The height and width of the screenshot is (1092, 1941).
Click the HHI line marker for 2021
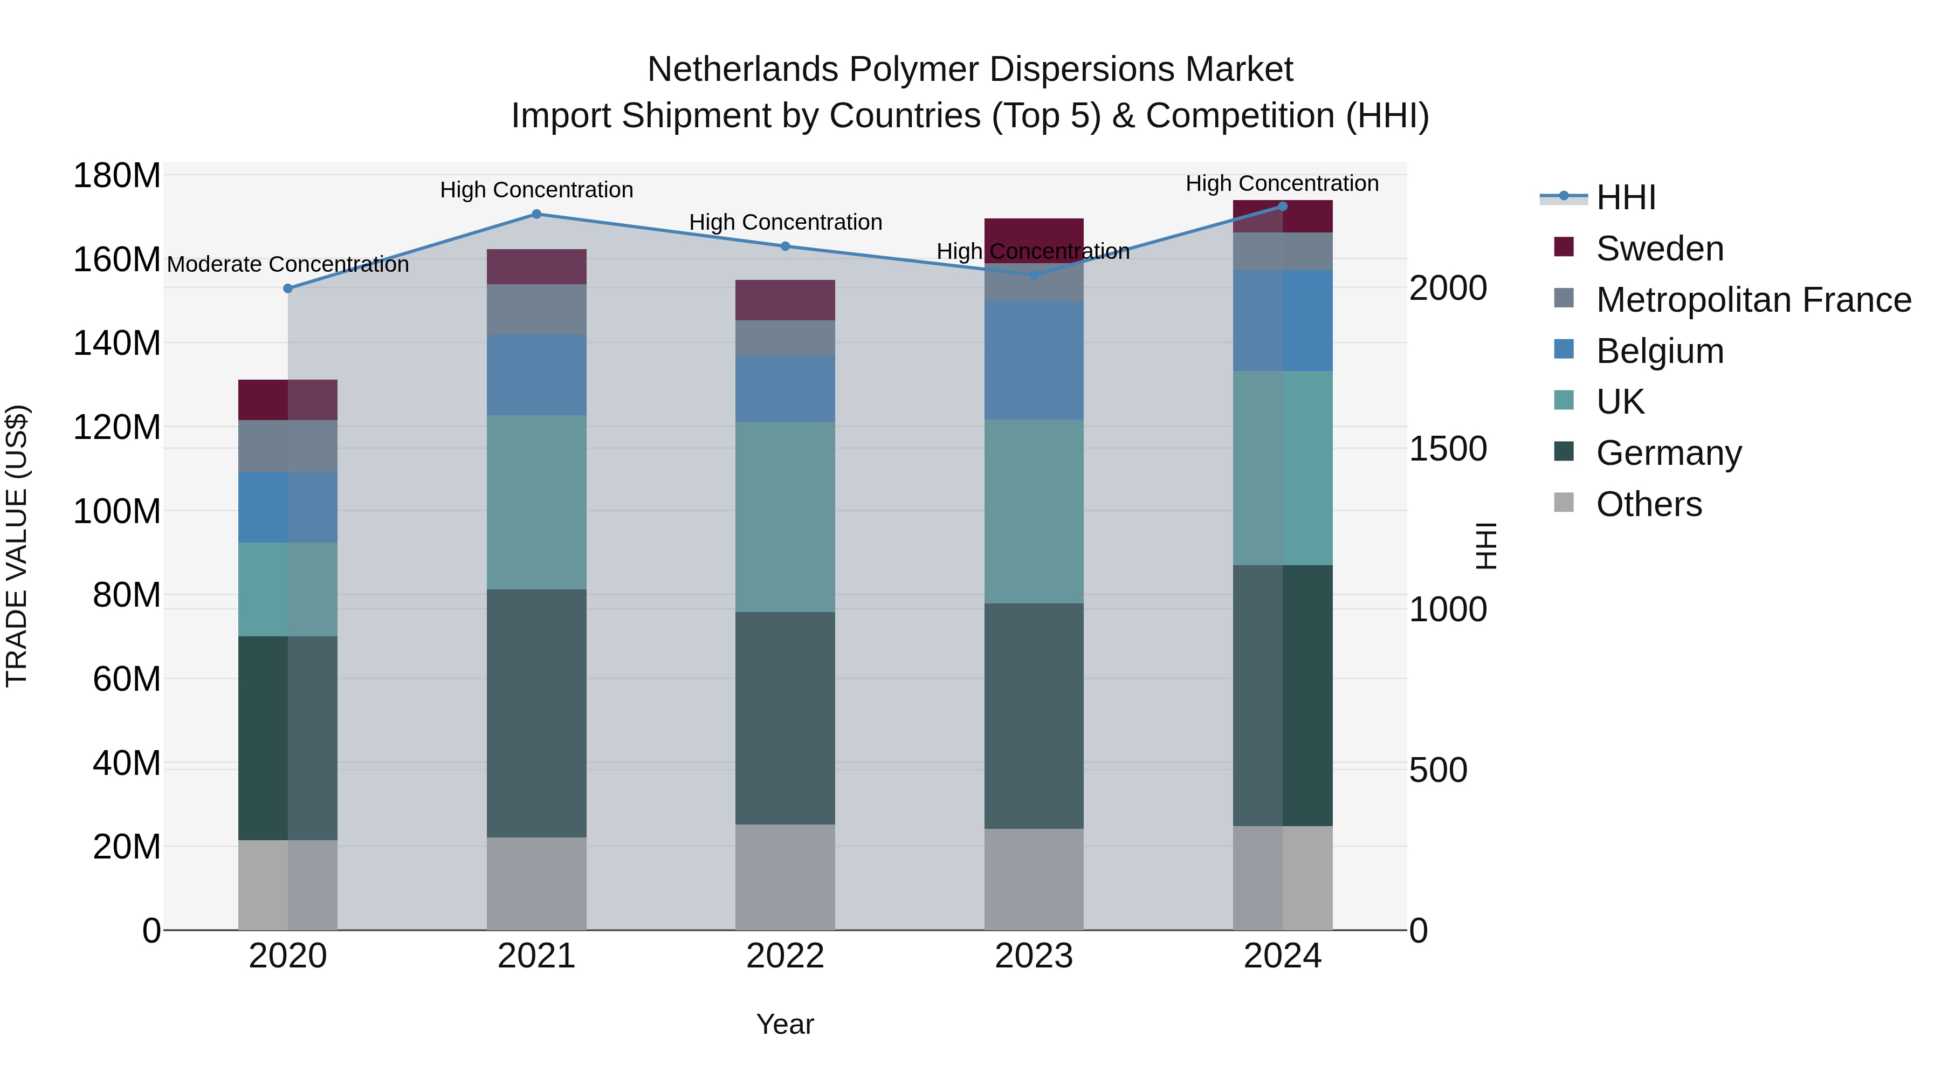coord(536,214)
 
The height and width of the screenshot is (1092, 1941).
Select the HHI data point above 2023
coord(1034,275)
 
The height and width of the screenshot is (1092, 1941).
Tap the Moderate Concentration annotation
coord(288,265)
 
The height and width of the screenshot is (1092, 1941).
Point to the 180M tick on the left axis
coord(117,176)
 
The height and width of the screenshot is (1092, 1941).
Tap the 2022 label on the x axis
coord(785,956)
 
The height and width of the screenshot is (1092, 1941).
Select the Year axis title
coord(785,1024)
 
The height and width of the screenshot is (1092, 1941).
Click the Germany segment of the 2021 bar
coord(536,712)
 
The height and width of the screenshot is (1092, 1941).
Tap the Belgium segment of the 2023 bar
coord(1034,360)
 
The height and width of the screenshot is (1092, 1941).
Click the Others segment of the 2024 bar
coord(1283,878)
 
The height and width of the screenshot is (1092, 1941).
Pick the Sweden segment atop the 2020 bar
coord(288,400)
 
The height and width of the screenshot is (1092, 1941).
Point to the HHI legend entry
coord(1625,197)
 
